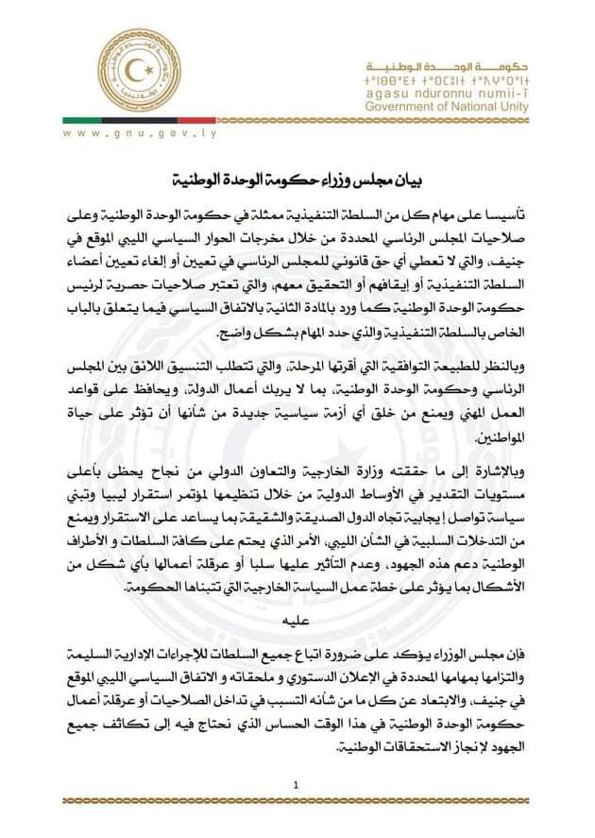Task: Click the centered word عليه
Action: (x=297, y=621)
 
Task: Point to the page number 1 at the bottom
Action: (x=297, y=786)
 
